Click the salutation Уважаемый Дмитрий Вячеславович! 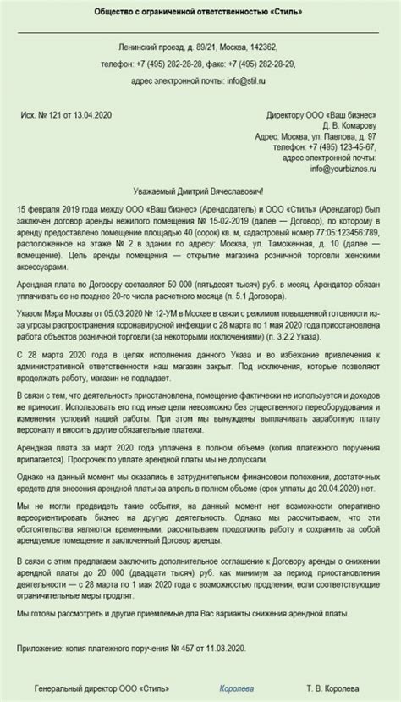(x=200, y=191)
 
